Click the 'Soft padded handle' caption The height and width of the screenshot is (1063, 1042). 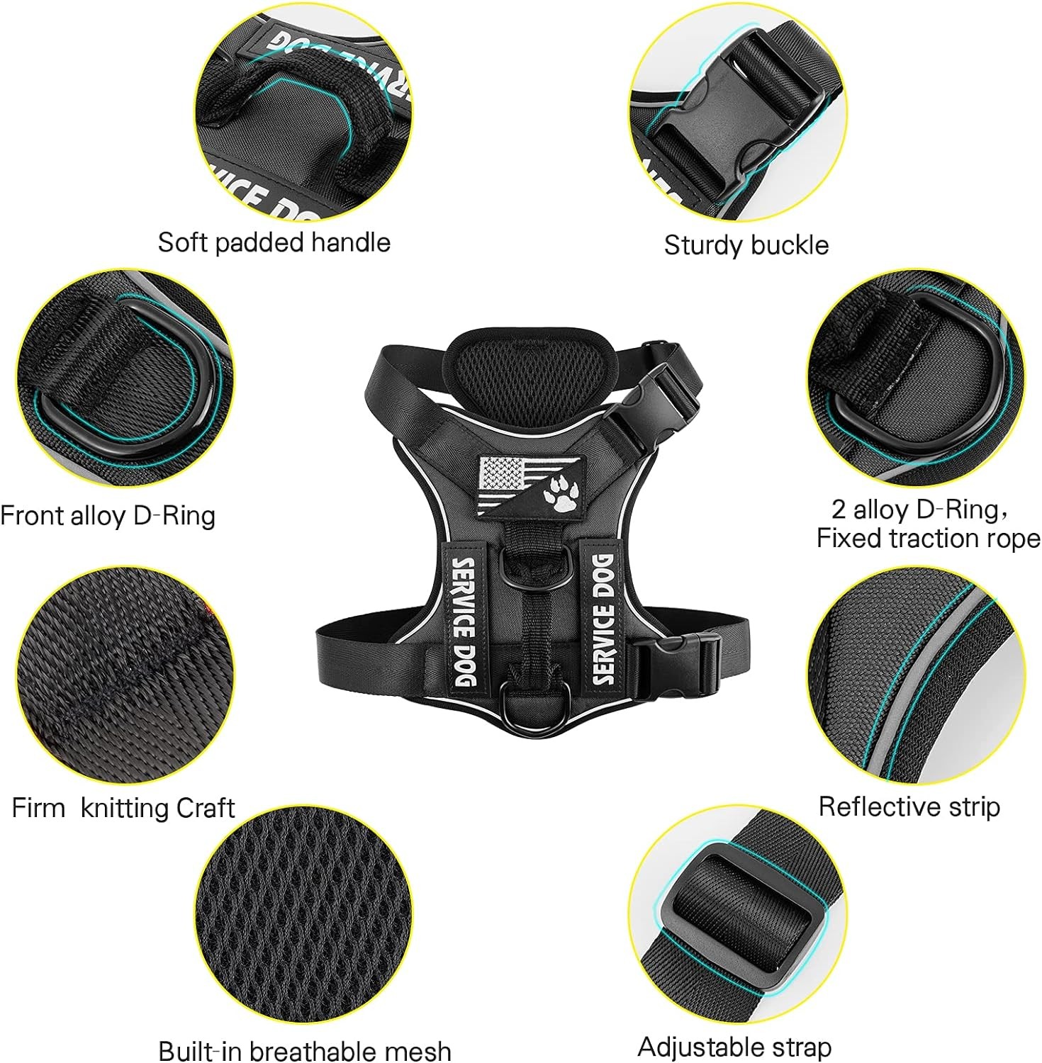(274, 242)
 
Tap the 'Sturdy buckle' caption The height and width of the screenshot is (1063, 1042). (746, 245)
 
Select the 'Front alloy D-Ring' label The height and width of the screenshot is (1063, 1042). (108, 515)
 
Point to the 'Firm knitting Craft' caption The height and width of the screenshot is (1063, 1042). (123, 808)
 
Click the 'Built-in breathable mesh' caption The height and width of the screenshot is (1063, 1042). (304, 1050)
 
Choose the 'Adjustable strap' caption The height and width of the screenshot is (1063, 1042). (734, 1047)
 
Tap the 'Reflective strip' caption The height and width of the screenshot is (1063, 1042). (909, 806)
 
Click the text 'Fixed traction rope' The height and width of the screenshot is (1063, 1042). (928, 539)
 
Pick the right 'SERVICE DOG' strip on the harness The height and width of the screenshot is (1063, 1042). (603, 619)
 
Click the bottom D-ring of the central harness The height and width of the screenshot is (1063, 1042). (523, 705)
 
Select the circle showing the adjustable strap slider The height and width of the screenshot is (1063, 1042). (738, 915)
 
